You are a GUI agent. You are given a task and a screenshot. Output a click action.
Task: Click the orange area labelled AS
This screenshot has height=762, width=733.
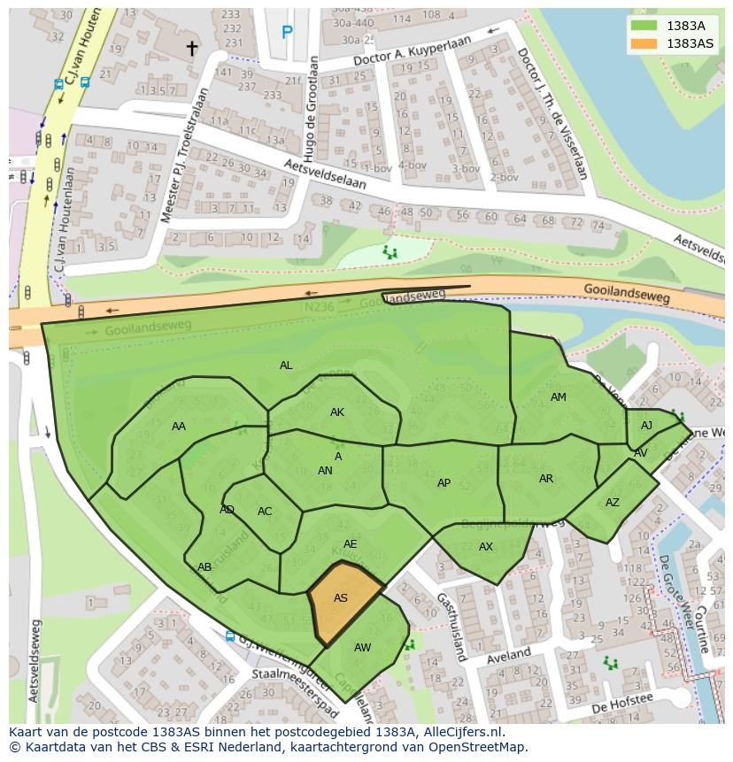(x=343, y=601)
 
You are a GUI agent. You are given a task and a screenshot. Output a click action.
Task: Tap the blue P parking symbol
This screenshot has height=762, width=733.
(x=287, y=33)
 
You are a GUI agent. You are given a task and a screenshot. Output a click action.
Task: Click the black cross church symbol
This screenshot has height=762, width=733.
(x=191, y=49)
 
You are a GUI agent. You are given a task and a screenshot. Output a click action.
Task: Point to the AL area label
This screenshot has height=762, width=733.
(x=286, y=366)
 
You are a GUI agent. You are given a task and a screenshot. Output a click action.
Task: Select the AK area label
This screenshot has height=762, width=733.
(x=337, y=412)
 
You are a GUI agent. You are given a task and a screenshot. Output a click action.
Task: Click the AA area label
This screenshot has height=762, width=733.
(x=179, y=427)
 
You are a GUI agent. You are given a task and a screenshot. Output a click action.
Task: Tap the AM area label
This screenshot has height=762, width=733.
(x=558, y=397)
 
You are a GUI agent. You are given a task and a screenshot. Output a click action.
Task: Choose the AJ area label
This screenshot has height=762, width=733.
(x=646, y=426)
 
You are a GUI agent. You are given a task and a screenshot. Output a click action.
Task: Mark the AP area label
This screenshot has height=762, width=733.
(x=444, y=483)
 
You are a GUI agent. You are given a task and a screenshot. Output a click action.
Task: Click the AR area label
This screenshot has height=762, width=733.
(x=546, y=479)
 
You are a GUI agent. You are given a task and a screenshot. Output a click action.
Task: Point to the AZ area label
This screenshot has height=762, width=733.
(x=613, y=503)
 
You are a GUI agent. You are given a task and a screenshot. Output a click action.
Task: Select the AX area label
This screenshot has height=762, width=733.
(x=485, y=547)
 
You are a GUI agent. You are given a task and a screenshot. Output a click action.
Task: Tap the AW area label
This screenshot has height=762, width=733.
(x=362, y=648)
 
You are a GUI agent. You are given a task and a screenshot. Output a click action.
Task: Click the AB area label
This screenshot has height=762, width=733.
(x=204, y=567)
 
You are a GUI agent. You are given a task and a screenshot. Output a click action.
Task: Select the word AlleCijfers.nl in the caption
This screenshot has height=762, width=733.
(x=461, y=732)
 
